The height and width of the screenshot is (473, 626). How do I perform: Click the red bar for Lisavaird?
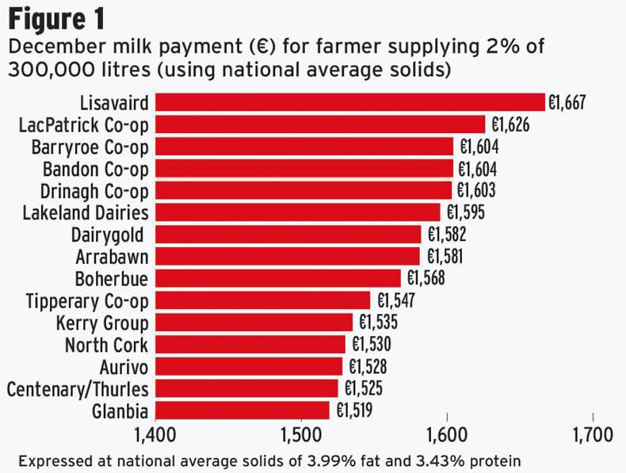349,102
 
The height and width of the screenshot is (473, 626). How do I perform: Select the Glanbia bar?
242,410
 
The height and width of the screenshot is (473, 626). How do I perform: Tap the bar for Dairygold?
288,235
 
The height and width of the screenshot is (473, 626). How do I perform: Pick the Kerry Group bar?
254,322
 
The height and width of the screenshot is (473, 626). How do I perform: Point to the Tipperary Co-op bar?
262,300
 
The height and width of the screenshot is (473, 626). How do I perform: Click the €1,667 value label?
567,103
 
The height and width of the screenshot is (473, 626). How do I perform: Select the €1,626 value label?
510,124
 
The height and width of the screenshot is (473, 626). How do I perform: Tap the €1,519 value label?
353,410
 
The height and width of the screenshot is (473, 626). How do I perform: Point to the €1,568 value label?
426,278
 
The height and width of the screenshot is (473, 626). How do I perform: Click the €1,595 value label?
466,212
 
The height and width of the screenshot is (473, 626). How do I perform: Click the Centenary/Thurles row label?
78,389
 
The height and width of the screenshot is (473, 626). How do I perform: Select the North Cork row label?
106,345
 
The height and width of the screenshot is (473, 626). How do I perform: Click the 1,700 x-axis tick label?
592,437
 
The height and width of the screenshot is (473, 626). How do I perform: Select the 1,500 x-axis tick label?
300,437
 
